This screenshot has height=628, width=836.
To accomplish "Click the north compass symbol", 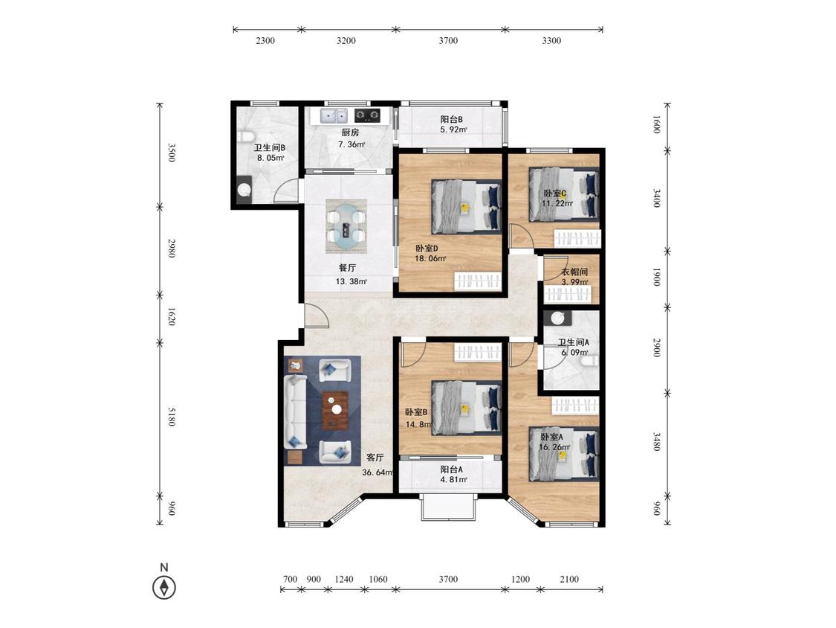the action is tap(164, 587).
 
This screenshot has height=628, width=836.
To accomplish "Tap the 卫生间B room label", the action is tap(269, 148).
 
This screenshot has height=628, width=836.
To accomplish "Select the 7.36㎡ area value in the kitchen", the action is tap(351, 144).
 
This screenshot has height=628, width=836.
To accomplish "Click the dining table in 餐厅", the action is tap(346, 226).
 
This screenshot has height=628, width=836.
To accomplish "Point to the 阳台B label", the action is tap(451, 119).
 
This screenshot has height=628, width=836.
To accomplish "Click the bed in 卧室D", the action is tap(467, 206).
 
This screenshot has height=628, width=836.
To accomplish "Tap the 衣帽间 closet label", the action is tap(574, 272).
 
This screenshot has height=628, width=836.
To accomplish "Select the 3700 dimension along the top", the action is tap(448, 41).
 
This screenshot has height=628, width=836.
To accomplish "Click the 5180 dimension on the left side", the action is tap(172, 417).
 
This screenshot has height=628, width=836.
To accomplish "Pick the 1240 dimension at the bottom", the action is tap(344, 580).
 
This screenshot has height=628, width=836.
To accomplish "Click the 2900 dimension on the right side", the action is tap(657, 347).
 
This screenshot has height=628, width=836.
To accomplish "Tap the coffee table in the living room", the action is tap(335, 410).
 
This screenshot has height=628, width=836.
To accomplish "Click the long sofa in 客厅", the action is tap(295, 411).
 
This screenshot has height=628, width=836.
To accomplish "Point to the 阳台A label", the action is tap(451, 470).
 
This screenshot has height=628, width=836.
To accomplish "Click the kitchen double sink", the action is tap(334, 115).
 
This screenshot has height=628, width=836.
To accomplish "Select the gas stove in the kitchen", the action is tap(367, 115).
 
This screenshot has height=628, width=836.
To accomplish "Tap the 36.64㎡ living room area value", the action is tap(377, 472).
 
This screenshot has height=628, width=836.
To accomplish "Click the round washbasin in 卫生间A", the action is tap(557, 318).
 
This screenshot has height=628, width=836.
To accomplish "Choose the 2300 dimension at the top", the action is tap(265, 41).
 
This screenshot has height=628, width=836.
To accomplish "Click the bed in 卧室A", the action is tap(564, 454).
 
